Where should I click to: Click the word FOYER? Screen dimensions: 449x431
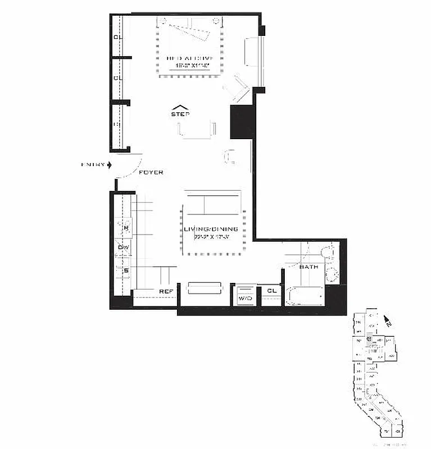[x=150, y=172]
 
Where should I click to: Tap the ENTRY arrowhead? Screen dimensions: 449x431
[x=110, y=164]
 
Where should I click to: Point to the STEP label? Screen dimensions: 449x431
[x=180, y=114]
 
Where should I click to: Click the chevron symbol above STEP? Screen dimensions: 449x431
[x=180, y=107]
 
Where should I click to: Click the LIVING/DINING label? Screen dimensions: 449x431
[x=211, y=229]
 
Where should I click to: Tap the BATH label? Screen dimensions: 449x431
[x=308, y=267]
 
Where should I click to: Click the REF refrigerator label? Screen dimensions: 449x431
[x=166, y=291]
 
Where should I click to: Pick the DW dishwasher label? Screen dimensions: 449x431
[x=124, y=247]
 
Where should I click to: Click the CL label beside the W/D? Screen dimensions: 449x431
[x=271, y=291]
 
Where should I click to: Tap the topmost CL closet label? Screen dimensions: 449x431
[x=117, y=38]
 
